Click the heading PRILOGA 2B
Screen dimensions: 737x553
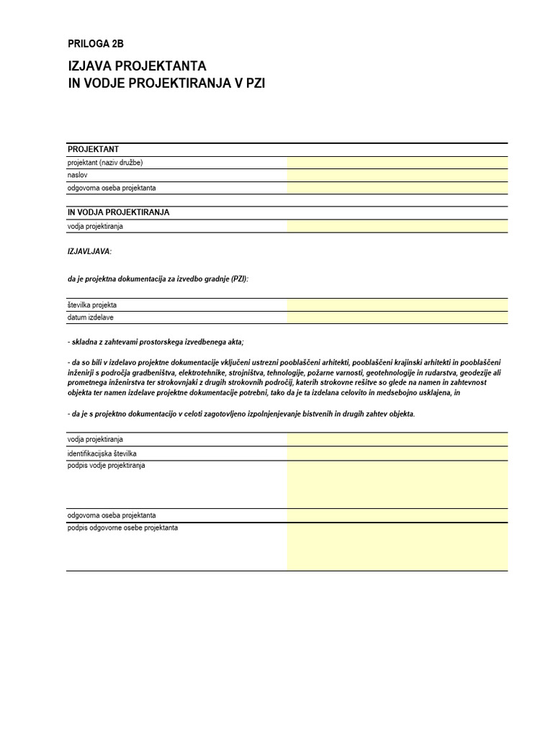(90, 44)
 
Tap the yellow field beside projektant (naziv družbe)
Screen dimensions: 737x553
(397, 163)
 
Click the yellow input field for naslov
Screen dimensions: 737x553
(397, 175)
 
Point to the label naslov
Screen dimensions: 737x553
(77, 175)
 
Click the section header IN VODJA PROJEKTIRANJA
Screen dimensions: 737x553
(119, 213)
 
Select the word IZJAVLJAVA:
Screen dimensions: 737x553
(89, 251)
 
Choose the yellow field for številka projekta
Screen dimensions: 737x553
(397, 305)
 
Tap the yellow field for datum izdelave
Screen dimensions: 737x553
(397, 317)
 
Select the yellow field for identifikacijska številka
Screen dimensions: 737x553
(397, 453)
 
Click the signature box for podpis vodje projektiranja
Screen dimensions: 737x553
(397, 484)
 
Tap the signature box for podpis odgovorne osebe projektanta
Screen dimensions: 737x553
(397, 546)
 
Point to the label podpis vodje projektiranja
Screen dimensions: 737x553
(107, 466)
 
